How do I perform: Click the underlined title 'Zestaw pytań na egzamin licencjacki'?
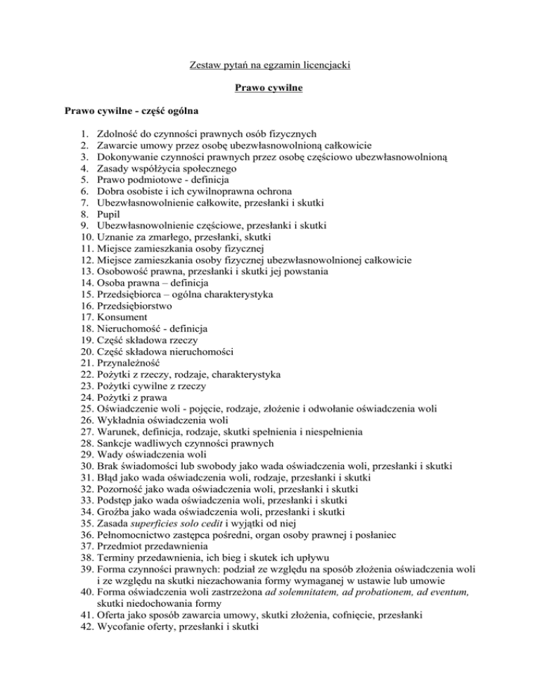[270, 66]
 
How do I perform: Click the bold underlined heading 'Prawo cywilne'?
[269, 89]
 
